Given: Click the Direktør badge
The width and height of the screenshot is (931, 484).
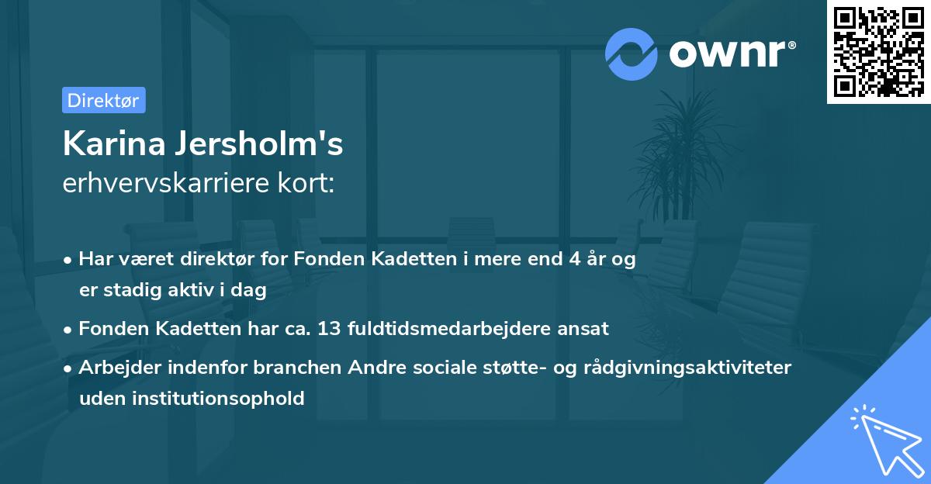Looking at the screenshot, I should (x=103, y=100).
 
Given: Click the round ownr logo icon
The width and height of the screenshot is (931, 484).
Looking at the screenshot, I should (x=632, y=54).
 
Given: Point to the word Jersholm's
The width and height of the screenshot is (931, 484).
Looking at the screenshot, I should (x=262, y=144).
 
